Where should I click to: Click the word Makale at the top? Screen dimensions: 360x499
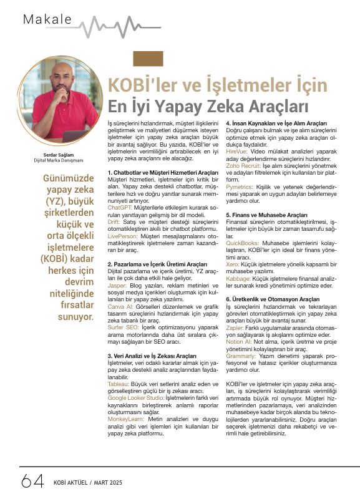pos(47,19)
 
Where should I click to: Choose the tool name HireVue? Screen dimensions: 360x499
pos(236,150)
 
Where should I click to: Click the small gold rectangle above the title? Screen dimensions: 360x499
pos(144,59)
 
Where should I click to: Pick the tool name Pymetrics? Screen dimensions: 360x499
pos(240,186)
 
